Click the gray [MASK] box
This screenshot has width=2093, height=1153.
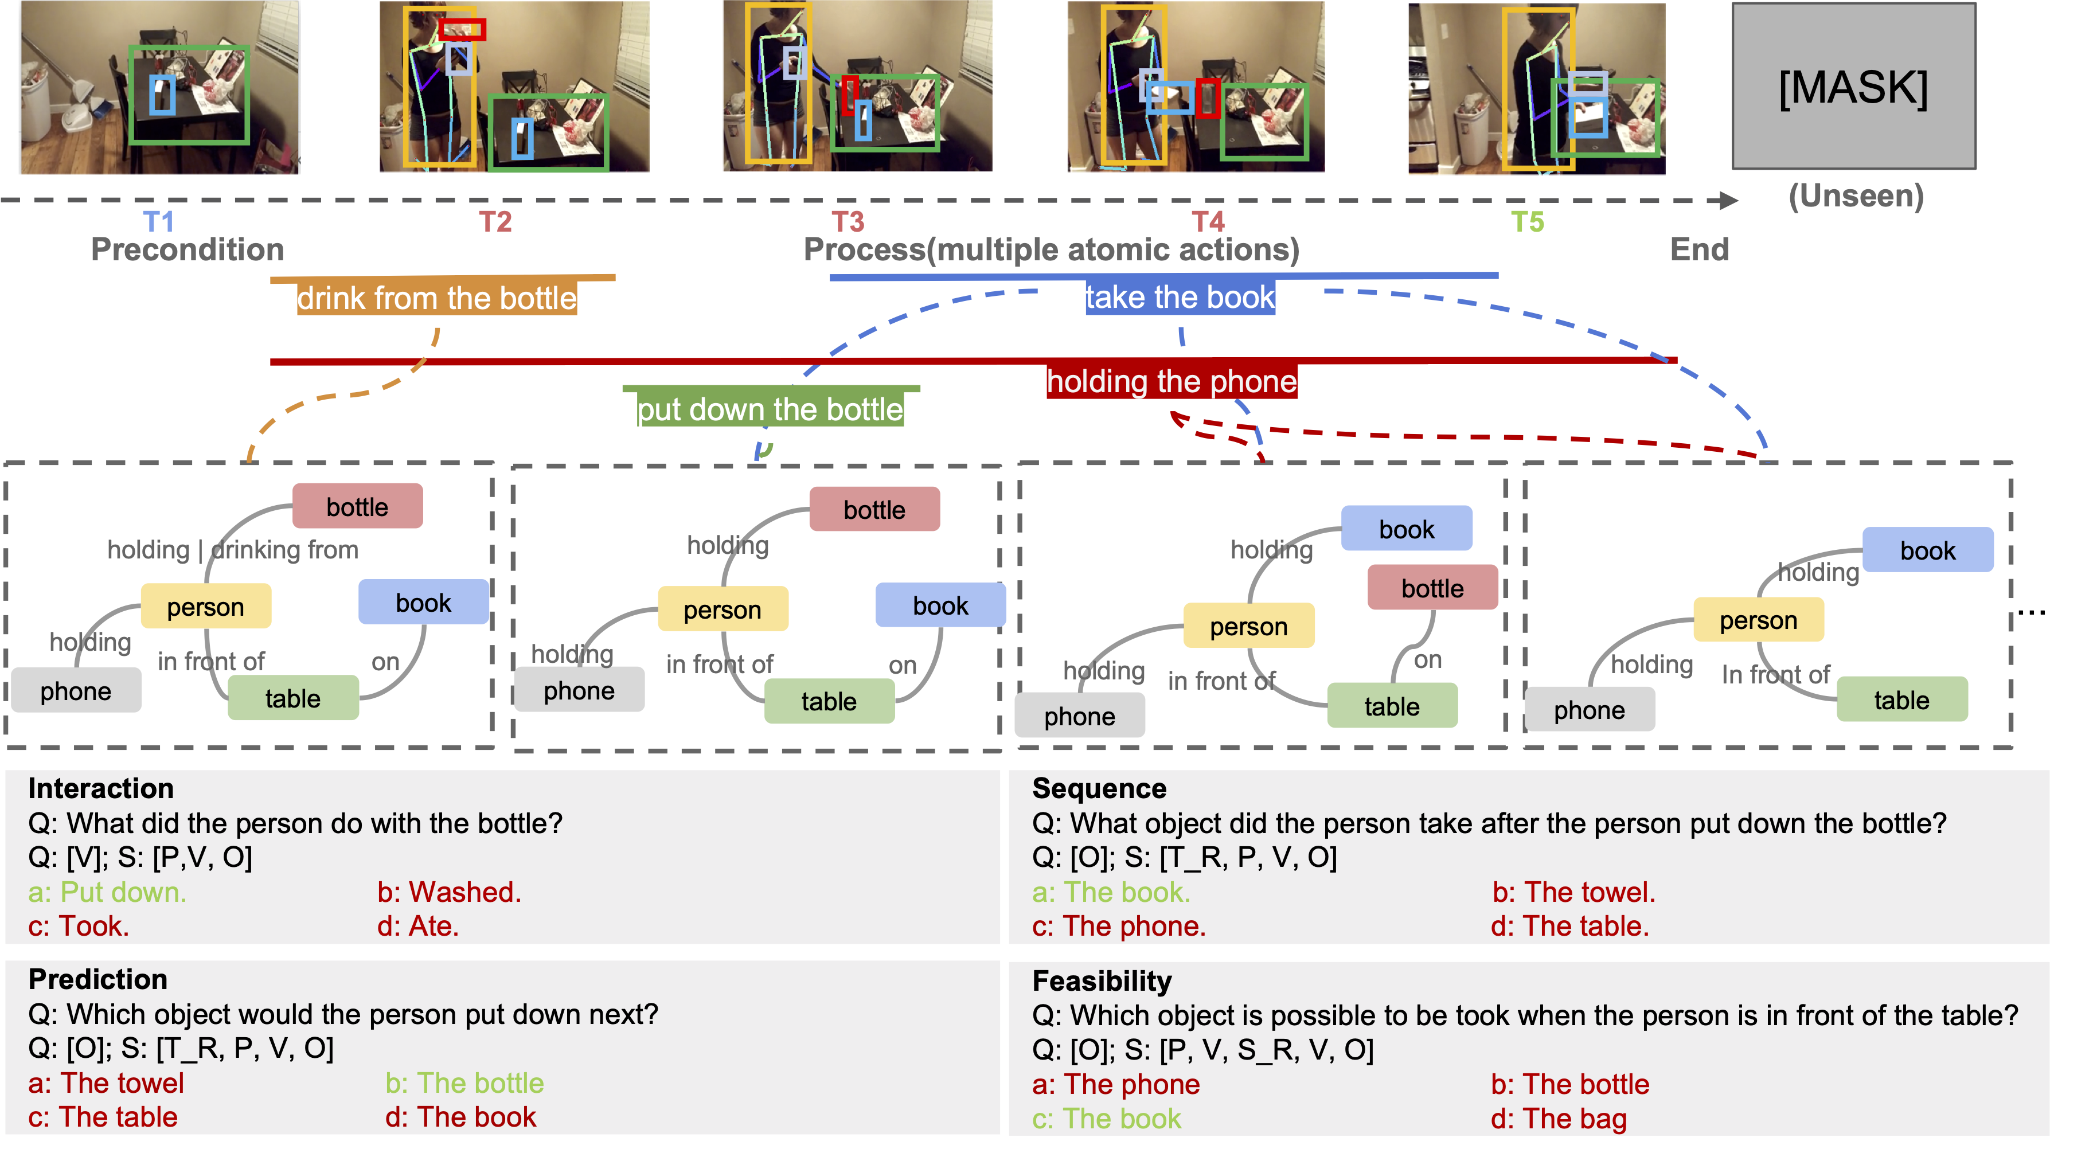tap(1853, 86)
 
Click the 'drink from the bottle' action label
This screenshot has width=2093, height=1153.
tap(436, 298)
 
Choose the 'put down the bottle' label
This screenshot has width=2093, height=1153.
tap(770, 409)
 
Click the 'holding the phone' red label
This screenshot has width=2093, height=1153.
tap(1172, 381)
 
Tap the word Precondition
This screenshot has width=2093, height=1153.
tap(188, 249)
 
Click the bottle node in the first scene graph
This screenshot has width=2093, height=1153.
tap(357, 506)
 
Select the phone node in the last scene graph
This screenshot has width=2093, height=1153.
tap(1590, 709)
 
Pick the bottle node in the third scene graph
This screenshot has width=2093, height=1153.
tap(1432, 588)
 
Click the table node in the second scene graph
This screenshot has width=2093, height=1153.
tap(829, 701)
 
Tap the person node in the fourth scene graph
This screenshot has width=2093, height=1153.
tap(1758, 620)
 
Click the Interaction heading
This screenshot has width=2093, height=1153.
tap(101, 788)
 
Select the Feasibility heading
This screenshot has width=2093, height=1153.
tap(1102, 981)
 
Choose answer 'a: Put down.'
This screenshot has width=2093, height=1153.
tap(107, 892)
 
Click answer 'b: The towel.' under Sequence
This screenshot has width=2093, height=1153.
tap(1574, 892)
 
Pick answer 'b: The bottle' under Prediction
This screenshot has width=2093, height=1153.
tap(464, 1083)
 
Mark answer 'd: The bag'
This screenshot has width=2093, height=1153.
tap(1559, 1119)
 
